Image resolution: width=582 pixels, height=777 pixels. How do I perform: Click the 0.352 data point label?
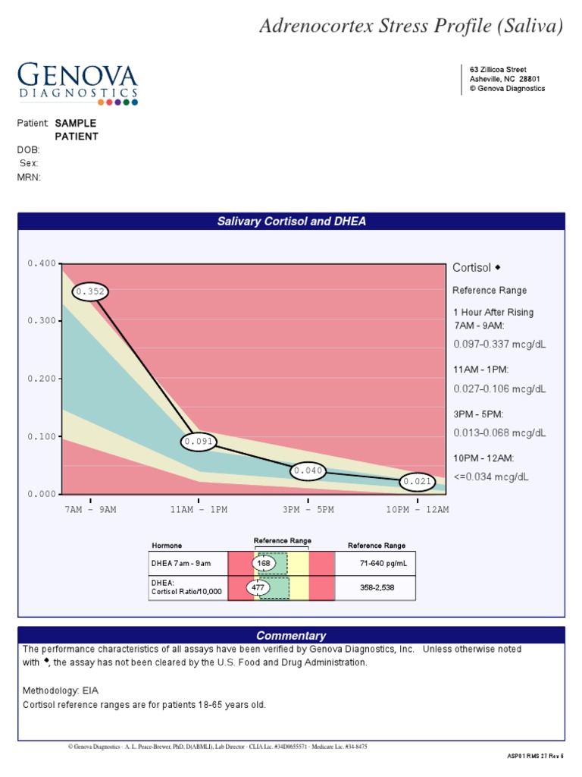89,291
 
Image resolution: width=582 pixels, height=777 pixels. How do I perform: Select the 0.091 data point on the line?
199,442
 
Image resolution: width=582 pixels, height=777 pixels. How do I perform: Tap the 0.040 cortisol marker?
308,470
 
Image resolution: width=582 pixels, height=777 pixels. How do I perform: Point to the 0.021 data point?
418,481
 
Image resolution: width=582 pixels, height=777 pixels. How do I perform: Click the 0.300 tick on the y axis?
42,321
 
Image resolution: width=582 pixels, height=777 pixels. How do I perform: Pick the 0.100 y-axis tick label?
42,436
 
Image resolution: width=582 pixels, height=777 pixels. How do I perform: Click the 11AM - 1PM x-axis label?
199,509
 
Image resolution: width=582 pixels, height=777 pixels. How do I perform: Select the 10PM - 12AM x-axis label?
418,509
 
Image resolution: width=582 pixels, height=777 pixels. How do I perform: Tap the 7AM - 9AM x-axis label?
90,509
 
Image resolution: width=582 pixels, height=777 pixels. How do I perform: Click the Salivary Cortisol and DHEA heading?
292,222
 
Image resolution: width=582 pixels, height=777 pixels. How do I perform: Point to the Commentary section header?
291,636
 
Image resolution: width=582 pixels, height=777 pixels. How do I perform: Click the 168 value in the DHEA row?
264,564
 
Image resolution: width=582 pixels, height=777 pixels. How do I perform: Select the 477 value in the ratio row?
258,587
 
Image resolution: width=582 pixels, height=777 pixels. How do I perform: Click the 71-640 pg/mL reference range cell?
376,564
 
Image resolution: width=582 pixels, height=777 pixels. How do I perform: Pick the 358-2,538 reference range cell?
376,587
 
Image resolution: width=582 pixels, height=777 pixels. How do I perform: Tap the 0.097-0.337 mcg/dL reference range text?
499,344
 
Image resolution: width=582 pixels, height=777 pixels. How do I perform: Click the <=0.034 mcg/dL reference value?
491,477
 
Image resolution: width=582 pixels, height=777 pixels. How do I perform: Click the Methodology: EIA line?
61,690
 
